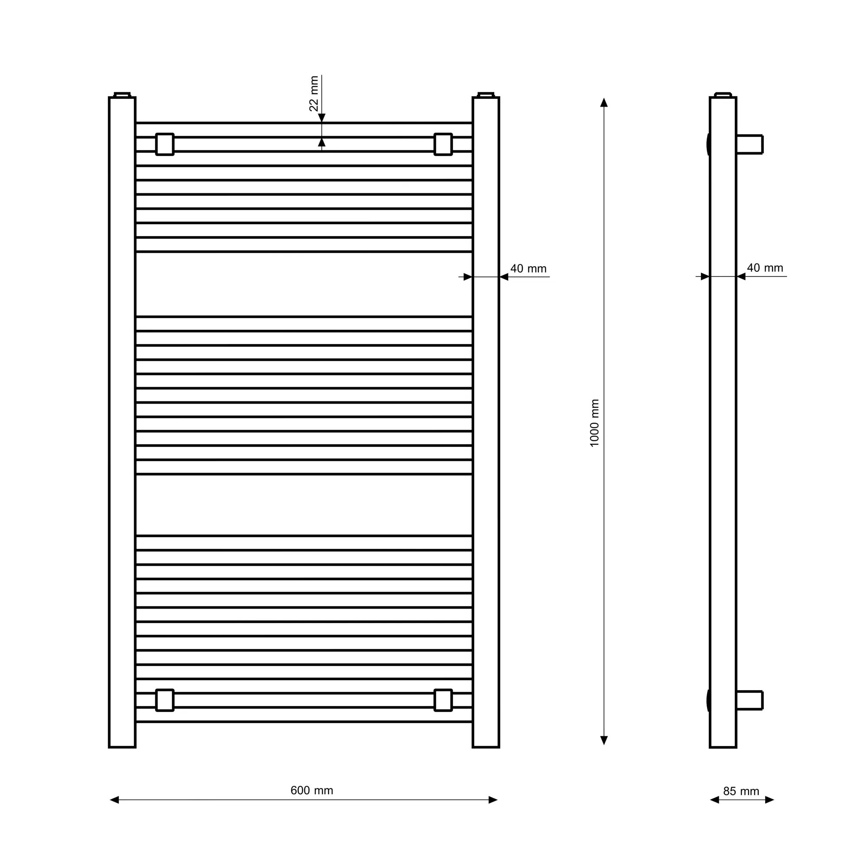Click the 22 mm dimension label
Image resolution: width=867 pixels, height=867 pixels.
pyautogui.click(x=314, y=93)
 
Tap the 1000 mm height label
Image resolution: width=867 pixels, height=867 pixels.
pyautogui.click(x=595, y=423)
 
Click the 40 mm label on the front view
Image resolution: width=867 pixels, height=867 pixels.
pyautogui.click(x=528, y=268)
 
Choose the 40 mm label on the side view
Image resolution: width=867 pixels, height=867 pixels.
pyautogui.click(x=765, y=268)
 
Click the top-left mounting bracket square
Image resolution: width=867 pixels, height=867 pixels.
pyautogui.click(x=165, y=144)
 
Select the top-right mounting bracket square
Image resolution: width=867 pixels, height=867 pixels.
pyautogui.click(x=443, y=144)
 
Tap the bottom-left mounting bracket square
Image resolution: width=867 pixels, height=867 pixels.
pyautogui.click(x=165, y=700)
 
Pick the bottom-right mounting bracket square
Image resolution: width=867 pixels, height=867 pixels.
pyautogui.click(x=443, y=700)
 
